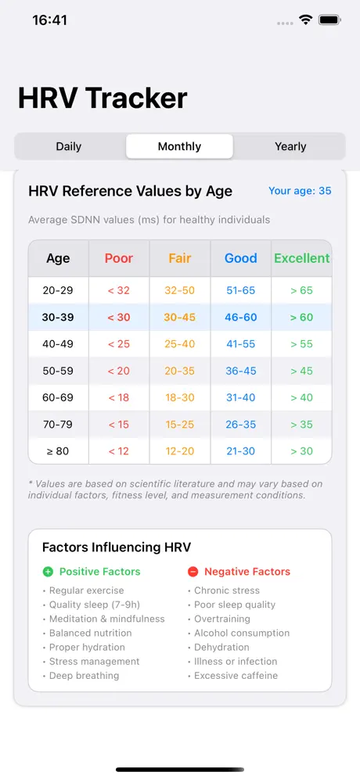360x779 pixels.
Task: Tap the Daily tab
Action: tap(69, 146)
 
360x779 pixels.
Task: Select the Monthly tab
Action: tap(179, 146)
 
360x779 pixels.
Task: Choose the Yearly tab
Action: tap(290, 146)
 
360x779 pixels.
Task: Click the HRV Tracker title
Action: tap(103, 98)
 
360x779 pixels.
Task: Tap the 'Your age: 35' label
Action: tap(300, 191)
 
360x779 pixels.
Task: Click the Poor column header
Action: tap(119, 258)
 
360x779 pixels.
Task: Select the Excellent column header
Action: tap(301, 258)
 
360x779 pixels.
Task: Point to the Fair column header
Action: tap(179, 258)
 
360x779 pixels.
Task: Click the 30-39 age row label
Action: tap(58, 317)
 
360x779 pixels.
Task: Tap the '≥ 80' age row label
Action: tap(58, 451)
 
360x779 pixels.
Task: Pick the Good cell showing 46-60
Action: tap(240, 317)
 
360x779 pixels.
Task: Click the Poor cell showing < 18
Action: tap(119, 397)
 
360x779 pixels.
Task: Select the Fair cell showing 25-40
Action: tap(179, 344)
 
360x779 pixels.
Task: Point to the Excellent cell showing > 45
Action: tap(301, 371)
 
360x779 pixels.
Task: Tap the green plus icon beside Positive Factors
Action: tap(48, 572)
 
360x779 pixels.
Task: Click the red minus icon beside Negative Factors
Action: tap(193, 572)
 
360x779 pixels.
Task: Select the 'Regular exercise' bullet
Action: tap(86, 591)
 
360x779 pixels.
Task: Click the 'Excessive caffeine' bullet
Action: tap(236, 676)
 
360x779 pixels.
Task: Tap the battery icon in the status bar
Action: tap(329, 20)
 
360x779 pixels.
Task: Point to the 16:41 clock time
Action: tap(50, 20)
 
